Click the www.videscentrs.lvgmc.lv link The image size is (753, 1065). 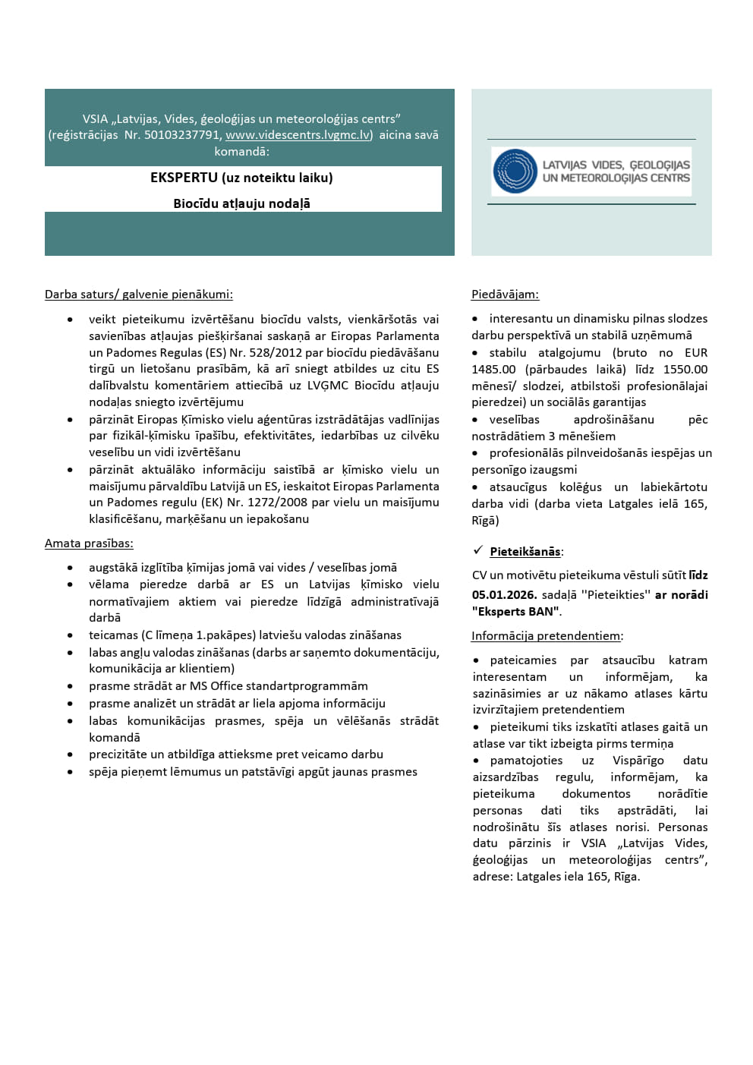[298, 135]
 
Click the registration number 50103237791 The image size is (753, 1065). [182, 135]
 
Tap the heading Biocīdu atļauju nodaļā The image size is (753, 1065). [241, 203]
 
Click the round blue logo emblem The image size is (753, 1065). [515, 171]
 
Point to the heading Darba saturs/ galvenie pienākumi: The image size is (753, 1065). [139, 295]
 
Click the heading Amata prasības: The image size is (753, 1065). [89, 544]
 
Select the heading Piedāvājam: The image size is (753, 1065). [505, 295]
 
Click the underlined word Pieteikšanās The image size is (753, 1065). [525, 552]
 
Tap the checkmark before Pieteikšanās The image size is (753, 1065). [478, 550]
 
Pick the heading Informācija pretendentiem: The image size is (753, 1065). [547, 636]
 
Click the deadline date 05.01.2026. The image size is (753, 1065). [504, 595]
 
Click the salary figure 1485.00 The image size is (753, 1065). [493, 370]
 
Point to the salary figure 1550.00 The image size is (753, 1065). [685, 370]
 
